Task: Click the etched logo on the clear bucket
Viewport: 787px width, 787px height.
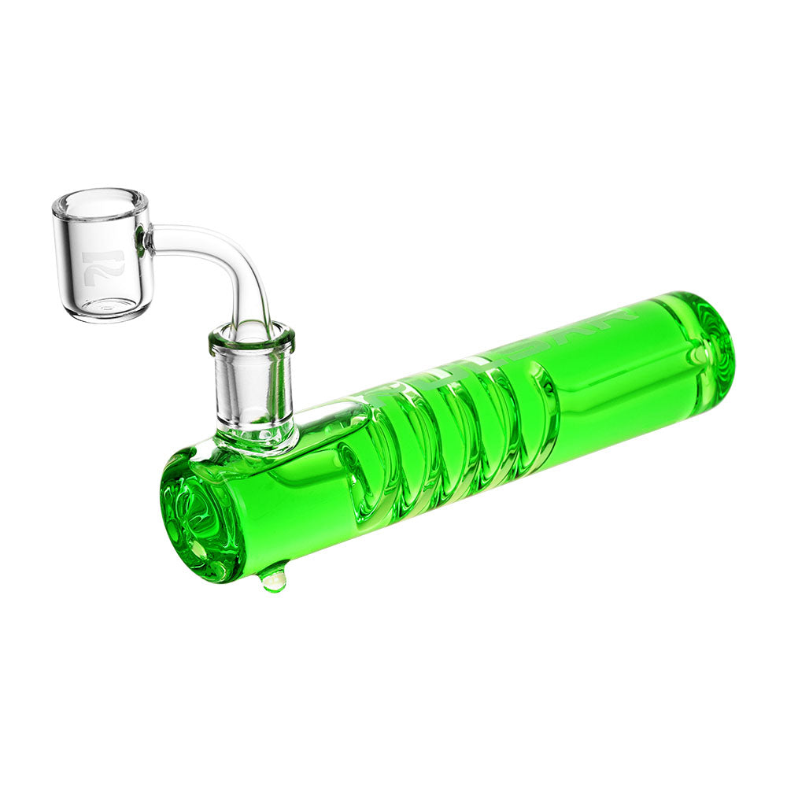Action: (103, 267)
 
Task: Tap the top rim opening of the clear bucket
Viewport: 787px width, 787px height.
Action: (100, 203)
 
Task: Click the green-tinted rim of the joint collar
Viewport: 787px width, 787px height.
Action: (252, 337)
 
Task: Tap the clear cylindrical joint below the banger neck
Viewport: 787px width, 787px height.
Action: (253, 386)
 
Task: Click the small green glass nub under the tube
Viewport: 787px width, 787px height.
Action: (272, 580)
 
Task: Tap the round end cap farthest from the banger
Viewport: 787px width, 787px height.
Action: (708, 338)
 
